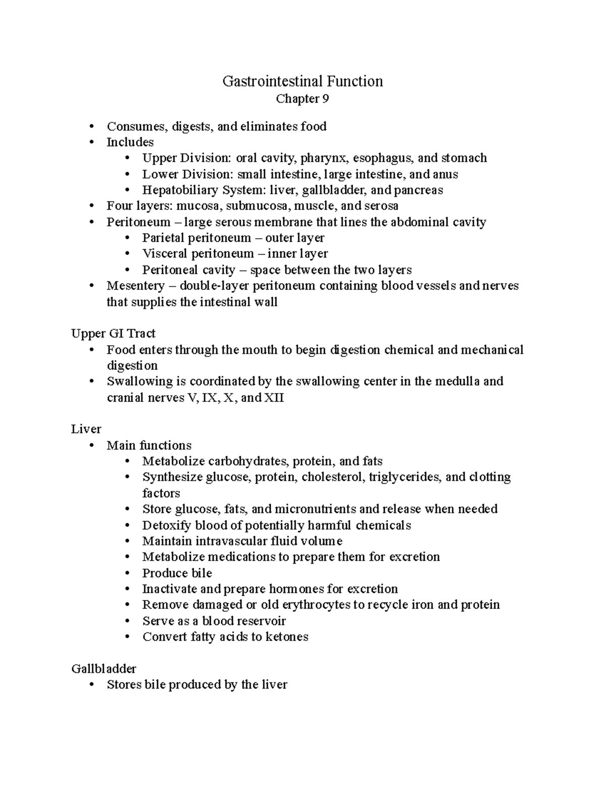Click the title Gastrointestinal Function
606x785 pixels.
pyautogui.click(x=302, y=81)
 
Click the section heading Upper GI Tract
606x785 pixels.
pyautogui.click(x=113, y=334)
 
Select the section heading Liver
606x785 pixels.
pyautogui.click(x=86, y=429)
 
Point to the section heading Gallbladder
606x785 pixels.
pyautogui.click(x=104, y=669)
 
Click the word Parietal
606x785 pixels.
pyautogui.click(x=165, y=238)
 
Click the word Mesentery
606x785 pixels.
pyautogui.click(x=135, y=286)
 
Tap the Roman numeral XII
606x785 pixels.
pyautogui.click(x=275, y=398)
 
